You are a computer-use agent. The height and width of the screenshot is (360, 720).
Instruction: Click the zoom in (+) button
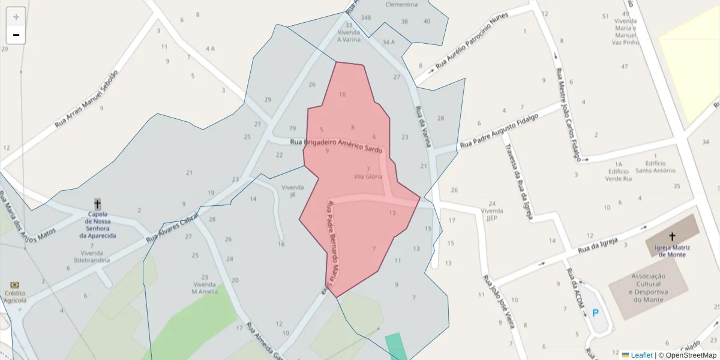pos(16,16)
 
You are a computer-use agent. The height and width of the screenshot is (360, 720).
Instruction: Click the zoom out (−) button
pos(16,35)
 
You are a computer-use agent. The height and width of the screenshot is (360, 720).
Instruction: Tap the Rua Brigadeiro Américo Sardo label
pos(336,145)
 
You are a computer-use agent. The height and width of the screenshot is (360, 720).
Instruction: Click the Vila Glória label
pos(368,176)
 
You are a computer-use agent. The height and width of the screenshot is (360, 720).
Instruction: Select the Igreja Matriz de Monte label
pos(671,251)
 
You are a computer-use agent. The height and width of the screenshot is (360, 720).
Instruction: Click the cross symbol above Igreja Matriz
pos(671,236)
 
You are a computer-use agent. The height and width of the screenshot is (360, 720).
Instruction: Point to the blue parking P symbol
pos(595,313)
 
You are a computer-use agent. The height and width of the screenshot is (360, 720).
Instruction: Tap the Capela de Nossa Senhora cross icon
pos(97,204)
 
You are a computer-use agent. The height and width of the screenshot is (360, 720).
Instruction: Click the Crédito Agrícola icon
pos(14,286)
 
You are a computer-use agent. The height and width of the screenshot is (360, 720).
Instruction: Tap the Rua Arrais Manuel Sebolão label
pos(86,99)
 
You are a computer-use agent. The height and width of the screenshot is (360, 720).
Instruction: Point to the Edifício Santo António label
pos(655,167)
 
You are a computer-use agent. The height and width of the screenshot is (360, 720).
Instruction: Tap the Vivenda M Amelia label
pos(204,288)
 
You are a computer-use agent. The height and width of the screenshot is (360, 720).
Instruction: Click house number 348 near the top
pos(366,17)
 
